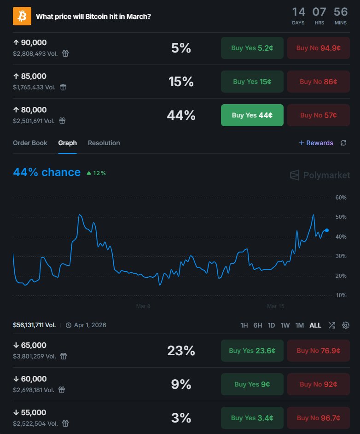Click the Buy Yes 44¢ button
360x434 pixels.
point(252,115)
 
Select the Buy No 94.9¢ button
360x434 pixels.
point(319,48)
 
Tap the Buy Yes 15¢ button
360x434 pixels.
point(252,82)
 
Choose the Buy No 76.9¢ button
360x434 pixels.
point(319,351)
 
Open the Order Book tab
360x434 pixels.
point(30,143)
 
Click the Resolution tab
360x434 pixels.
point(104,143)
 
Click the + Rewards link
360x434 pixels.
point(316,143)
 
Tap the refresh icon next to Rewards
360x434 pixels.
point(343,143)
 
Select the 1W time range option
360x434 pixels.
point(285,325)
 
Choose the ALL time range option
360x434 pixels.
point(315,325)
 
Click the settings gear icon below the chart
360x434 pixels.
point(346,325)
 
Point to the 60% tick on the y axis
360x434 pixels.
point(341,198)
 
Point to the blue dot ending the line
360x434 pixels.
point(327,230)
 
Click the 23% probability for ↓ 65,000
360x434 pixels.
point(181,351)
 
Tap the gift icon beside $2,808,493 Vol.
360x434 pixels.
point(65,53)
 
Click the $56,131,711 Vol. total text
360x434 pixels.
point(35,325)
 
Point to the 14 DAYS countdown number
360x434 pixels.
point(298,12)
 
